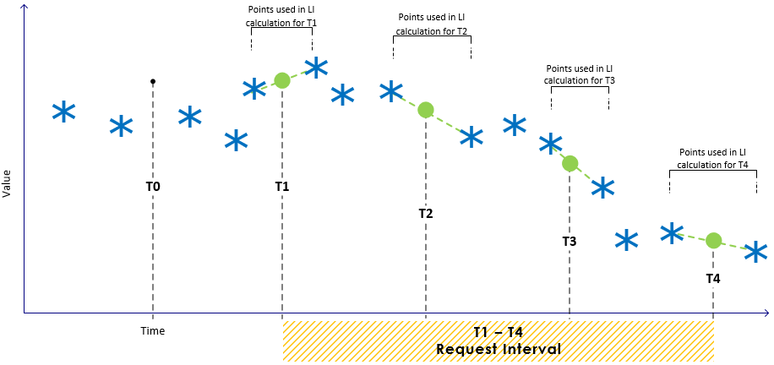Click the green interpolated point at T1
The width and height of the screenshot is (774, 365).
(x=281, y=81)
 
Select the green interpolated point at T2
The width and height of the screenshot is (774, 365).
(x=426, y=109)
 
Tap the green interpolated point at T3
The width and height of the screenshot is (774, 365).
(x=570, y=163)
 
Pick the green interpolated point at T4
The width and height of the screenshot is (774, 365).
(x=714, y=240)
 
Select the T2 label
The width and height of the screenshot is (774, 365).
(x=426, y=214)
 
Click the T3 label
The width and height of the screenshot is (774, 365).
(x=570, y=242)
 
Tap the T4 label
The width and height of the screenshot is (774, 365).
(x=714, y=278)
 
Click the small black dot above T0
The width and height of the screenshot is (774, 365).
(x=152, y=81)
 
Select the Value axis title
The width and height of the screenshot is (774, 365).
(x=8, y=182)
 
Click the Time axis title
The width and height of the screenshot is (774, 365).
(x=153, y=330)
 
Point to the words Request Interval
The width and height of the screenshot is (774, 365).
(x=499, y=349)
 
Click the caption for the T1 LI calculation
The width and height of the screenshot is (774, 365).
(x=281, y=16)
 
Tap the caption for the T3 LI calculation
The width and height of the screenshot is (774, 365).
(x=580, y=74)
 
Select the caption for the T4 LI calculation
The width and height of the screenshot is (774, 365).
(x=713, y=158)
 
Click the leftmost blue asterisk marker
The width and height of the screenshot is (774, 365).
(x=63, y=112)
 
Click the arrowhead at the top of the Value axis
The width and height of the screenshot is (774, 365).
(x=25, y=8)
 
